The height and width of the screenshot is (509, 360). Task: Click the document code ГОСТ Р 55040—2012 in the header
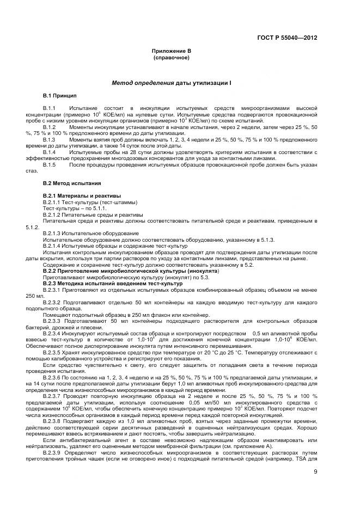click(x=287, y=38)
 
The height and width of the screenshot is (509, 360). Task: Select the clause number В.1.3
click(x=50, y=140)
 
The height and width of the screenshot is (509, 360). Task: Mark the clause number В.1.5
click(x=50, y=164)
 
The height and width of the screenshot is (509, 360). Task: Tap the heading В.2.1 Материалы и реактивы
click(x=82, y=195)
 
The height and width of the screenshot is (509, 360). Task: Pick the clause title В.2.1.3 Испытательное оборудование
click(x=90, y=233)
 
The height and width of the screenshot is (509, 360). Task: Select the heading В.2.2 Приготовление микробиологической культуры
click(x=131, y=271)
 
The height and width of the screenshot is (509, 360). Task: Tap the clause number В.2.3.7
click(x=53, y=396)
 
